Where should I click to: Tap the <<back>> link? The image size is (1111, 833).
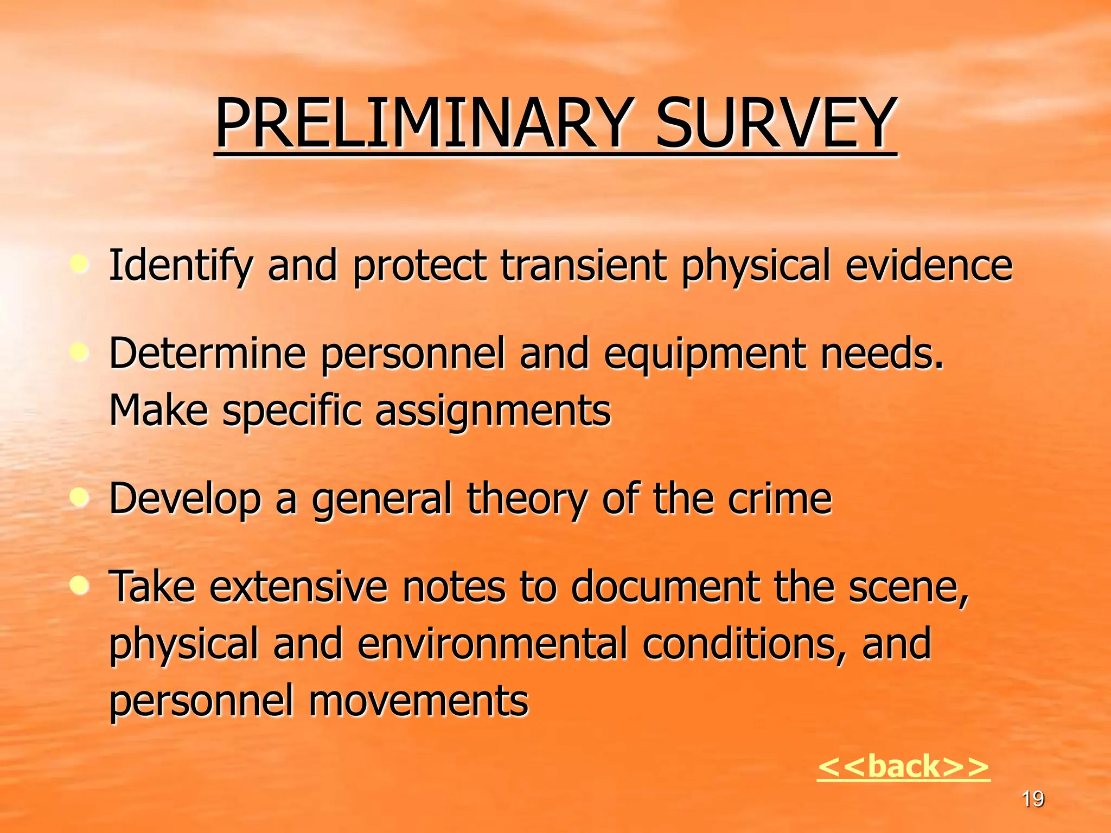pos(903,766)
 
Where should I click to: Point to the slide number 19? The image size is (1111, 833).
pos(1032,799)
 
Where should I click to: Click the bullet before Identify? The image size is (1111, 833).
pos(80,265)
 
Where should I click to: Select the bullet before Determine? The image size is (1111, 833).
pos(80,353)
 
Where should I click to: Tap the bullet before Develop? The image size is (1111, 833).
pos(80,498)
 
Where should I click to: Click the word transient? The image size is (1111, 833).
pos(583,266)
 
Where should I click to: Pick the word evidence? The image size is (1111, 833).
pos(929,266)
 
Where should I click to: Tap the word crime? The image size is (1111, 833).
pos(779,499)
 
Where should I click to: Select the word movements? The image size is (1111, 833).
pos(418,701)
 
